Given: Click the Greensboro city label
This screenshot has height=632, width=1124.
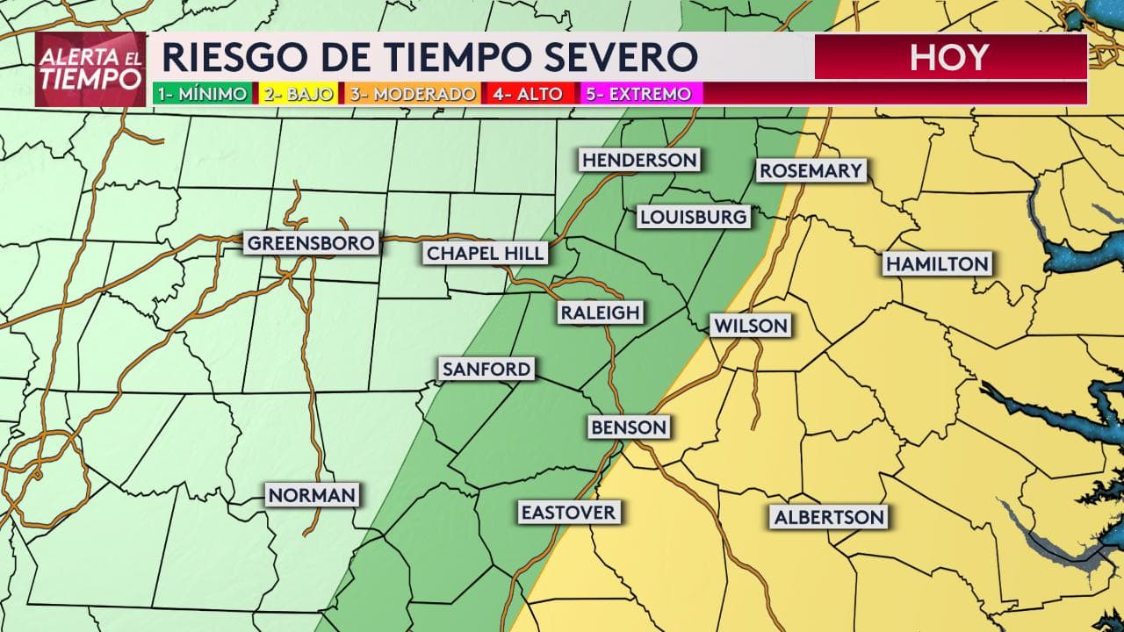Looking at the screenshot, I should point(311,243).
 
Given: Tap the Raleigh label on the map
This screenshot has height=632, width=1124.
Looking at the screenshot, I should point(601,312).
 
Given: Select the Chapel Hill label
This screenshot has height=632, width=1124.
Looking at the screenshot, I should point(486,254).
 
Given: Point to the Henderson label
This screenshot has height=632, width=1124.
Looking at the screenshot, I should point(639,160).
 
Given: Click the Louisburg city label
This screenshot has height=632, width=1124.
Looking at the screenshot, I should point(694,217).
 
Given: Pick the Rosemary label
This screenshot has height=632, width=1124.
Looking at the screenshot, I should point(811,170).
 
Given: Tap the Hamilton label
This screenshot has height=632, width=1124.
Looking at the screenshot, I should point(937,263).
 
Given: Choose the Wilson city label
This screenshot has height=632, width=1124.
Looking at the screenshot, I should point(751,326).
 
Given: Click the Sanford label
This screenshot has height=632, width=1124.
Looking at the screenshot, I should point(486,369).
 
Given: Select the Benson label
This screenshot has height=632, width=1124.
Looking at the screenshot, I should point(629,427).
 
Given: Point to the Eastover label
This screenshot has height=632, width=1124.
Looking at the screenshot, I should point(568,512).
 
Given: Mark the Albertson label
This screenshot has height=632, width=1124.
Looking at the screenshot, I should point(829,517).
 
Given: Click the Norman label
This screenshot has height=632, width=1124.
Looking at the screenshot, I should point(313,495).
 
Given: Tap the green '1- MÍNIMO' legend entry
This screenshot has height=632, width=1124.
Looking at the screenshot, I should point(201,94).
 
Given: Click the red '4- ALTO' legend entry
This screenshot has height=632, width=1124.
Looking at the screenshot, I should point(528,94).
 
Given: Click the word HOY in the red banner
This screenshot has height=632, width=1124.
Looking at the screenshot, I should point(949,58).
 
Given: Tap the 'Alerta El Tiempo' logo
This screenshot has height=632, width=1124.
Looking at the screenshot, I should point(90,69).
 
